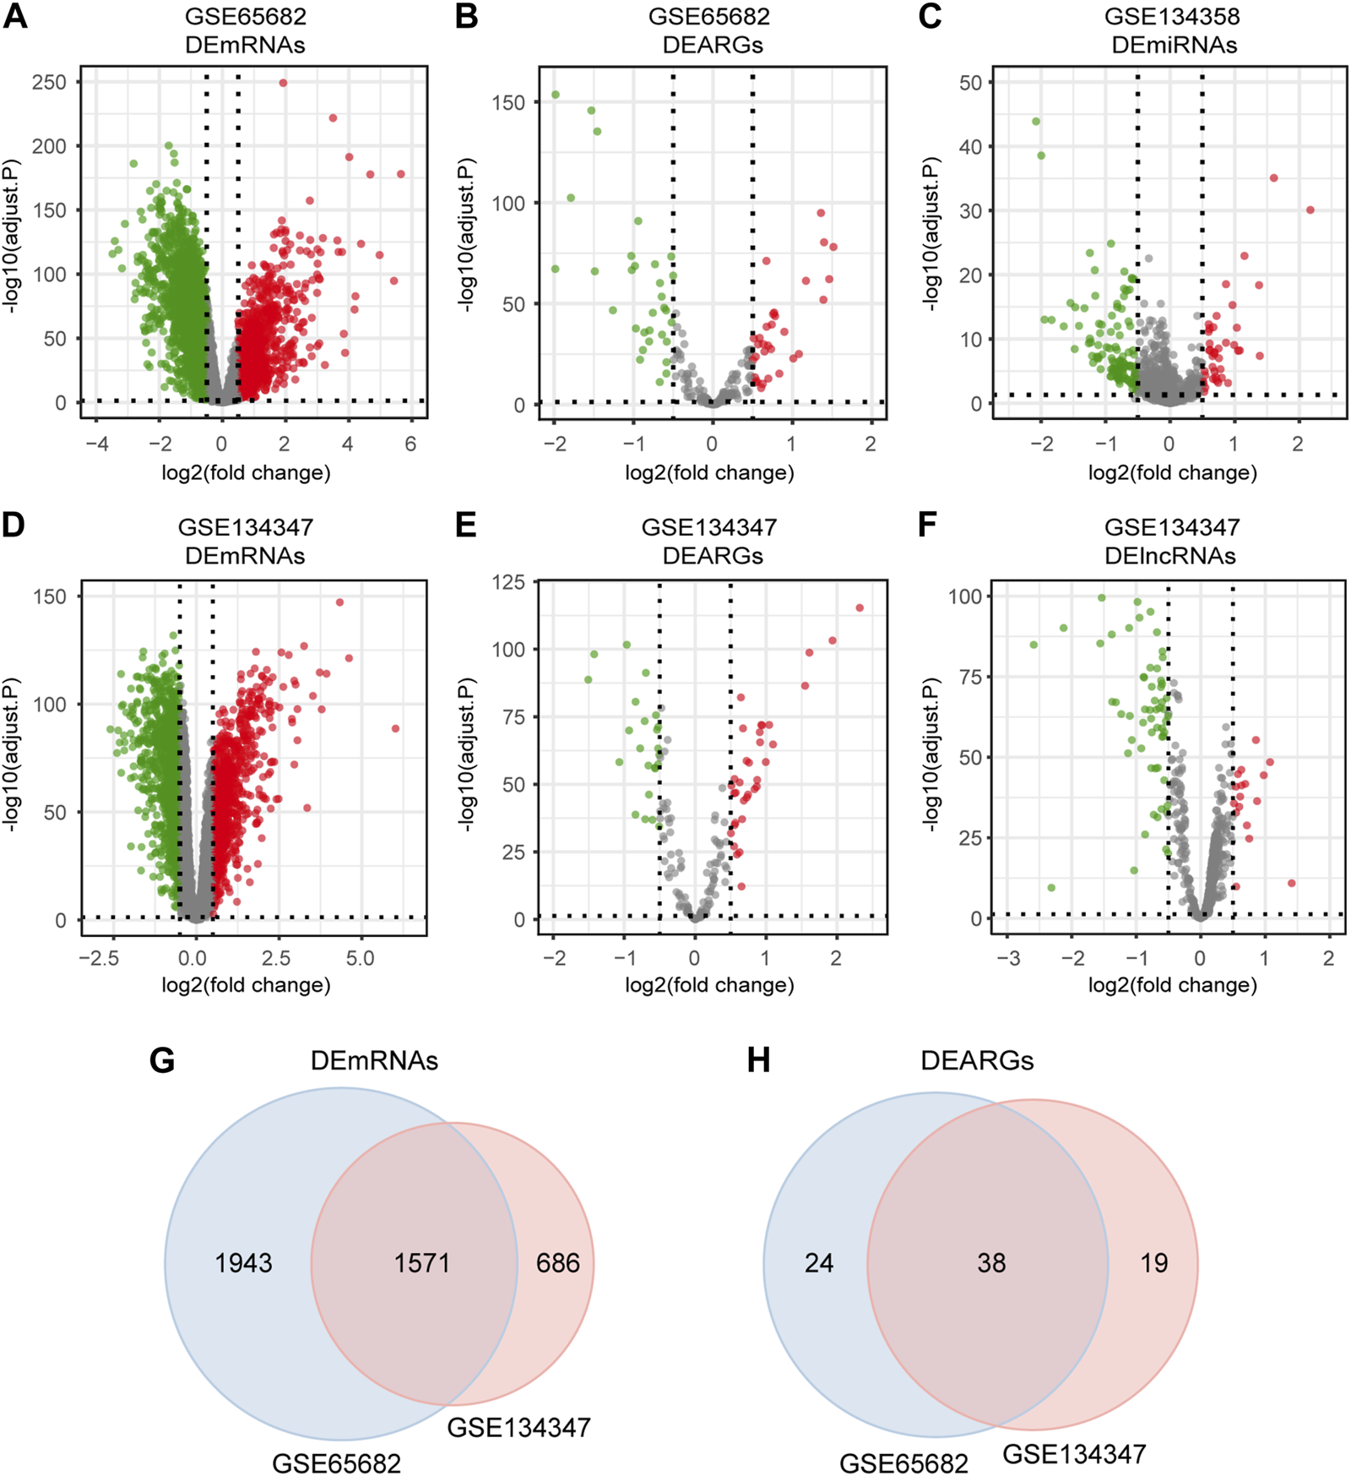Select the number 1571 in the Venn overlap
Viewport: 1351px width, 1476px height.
tap(421, 1263)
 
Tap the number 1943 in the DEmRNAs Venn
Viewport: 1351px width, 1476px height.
tap(243, 1263)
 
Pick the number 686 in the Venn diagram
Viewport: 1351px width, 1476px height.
tap(557, 1263)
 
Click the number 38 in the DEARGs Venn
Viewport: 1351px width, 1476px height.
tap(991, 1263)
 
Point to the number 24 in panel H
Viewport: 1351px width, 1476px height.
tap(818, 1263)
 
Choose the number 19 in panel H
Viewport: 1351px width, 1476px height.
tap(1153, 1263)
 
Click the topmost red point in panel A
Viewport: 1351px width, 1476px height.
tap(284, 83)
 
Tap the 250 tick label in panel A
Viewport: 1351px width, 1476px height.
tap(49, 82)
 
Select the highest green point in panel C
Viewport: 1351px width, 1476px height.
tap(1036, 122)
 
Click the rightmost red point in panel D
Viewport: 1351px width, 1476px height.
tap(395, 728)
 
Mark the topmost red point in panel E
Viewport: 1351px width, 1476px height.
tap(860, 607)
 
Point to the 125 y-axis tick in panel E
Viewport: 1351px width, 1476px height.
tap(508, 582)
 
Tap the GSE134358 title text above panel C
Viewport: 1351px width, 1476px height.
tap(1172, 17)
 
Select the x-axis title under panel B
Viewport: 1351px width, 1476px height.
tap(709, 472)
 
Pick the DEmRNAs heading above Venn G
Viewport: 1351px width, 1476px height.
tap(374, 1061)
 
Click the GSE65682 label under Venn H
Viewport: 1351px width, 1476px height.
tap(903, 1462)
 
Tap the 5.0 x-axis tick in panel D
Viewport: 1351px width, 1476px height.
tap(360, 958)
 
